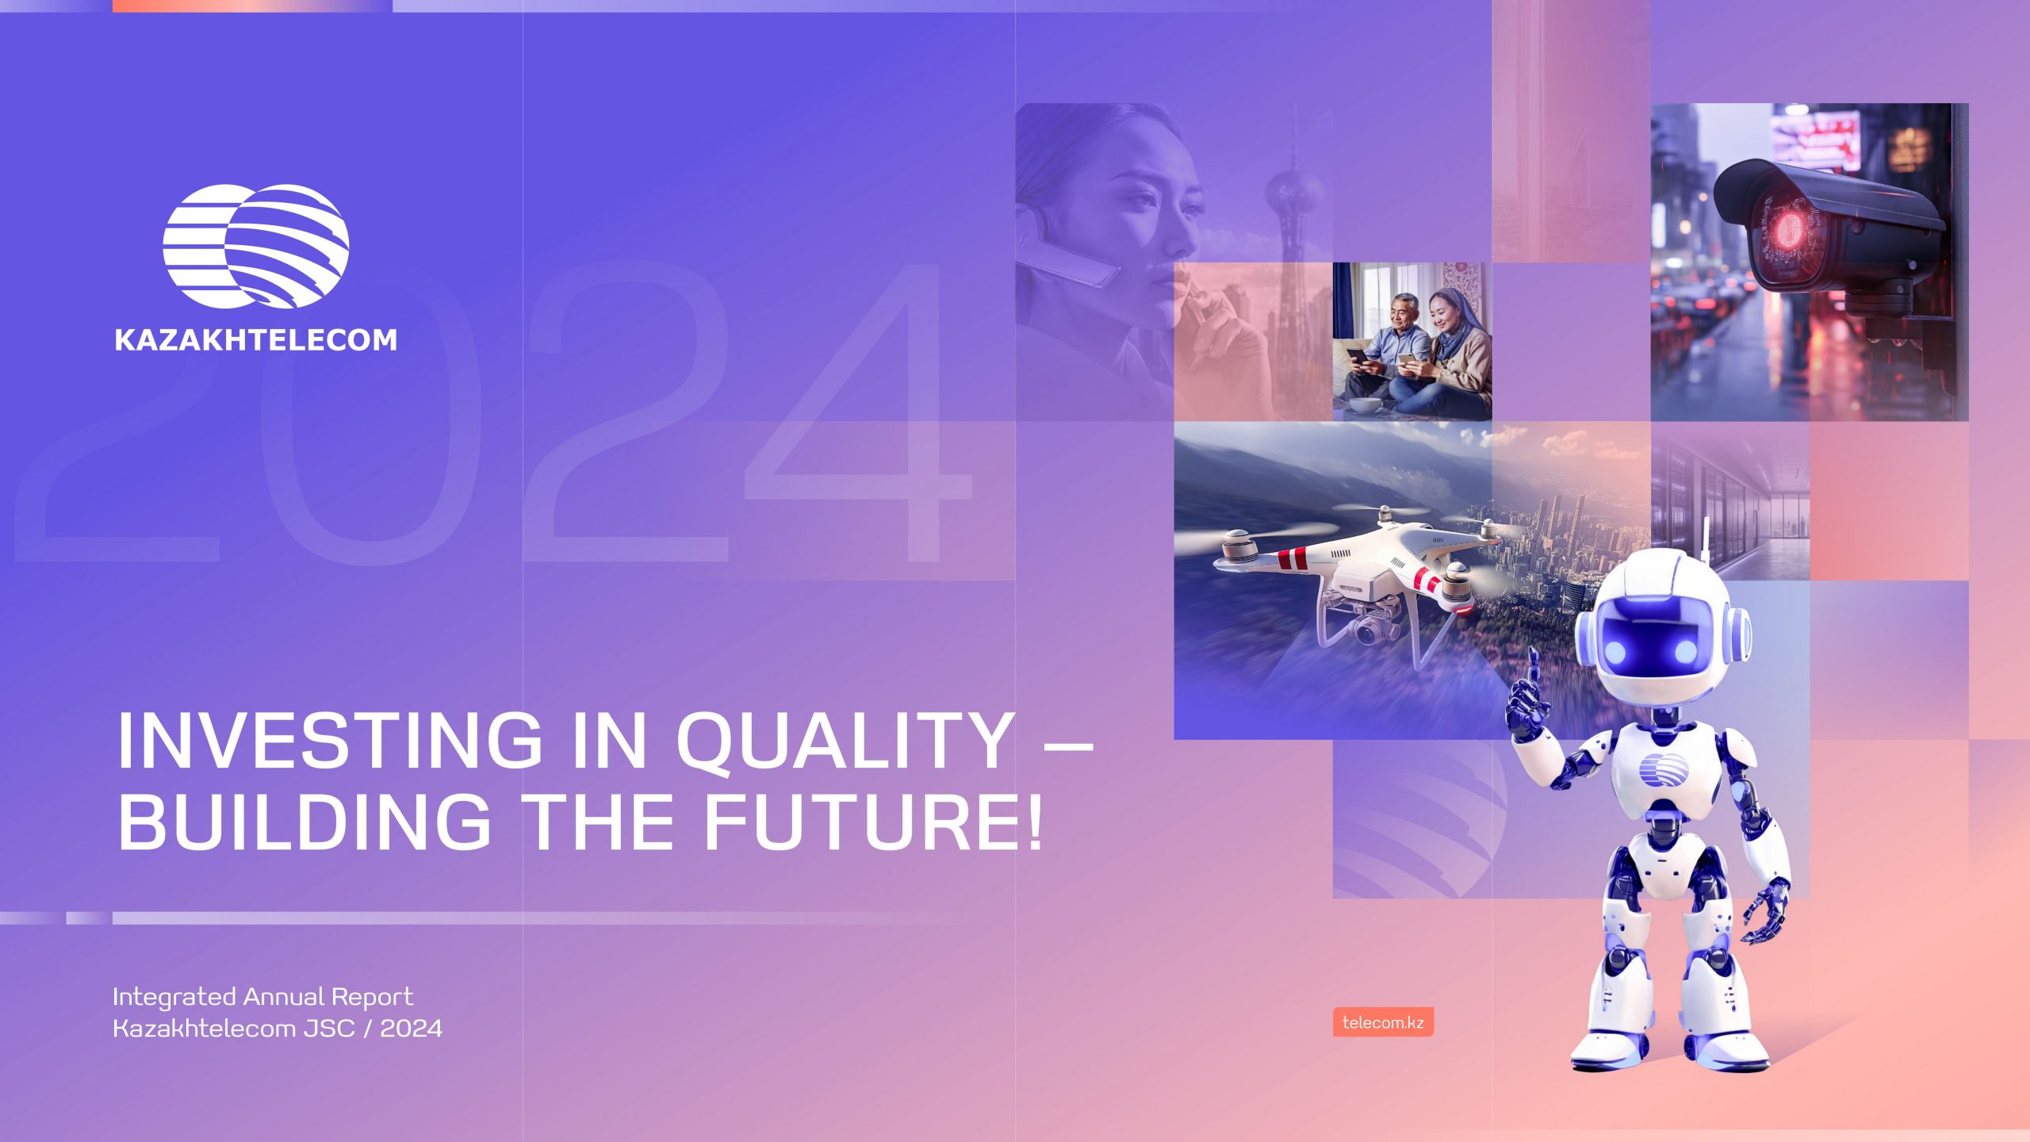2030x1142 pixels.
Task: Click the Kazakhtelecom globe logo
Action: point(255,247)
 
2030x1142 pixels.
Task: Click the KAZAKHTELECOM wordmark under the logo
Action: point(255,340)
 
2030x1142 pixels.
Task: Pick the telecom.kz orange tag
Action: point(1383,1022)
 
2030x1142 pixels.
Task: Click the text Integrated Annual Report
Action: point(262,996)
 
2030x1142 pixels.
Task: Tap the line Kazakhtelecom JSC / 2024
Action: point(278,1029)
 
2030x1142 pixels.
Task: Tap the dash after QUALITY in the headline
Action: point(1065,746)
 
